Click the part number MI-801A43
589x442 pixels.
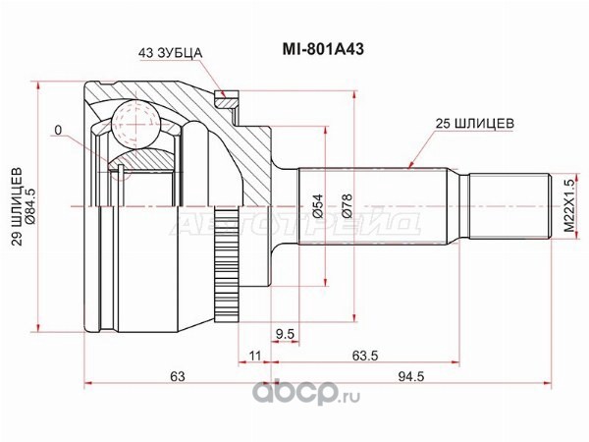point(323,49)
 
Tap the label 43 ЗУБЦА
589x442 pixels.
point(171,53)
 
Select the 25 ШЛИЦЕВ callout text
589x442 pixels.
point(475,124)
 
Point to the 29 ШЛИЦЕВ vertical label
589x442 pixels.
point(17,206)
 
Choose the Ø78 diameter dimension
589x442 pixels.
point(348,206)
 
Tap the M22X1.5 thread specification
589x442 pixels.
point(569,205)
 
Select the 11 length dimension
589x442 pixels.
point(254,356)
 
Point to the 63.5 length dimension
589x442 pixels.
point(365,356)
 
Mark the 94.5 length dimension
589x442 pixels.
point(411,376)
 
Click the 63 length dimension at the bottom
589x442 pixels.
point(178,376)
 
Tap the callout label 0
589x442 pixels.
point(58,130)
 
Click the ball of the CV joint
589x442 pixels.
point(136,123)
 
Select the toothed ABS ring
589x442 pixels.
point(226,263)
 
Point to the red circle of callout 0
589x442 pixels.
point(121,168)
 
